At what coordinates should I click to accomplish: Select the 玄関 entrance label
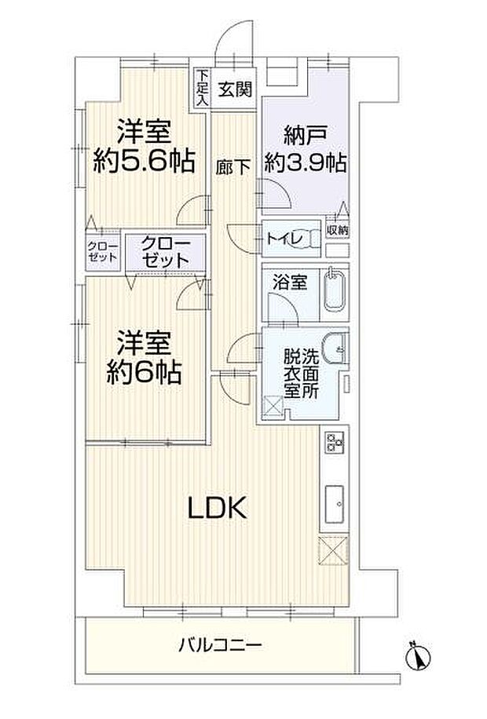point(234,89)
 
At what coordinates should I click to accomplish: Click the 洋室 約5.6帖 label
point(145,148)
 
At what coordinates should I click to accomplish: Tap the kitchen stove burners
point(331,444)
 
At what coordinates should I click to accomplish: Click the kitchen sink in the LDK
point(332,501)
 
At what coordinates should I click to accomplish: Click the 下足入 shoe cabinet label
point(201,88)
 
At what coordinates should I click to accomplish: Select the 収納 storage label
point(337,230)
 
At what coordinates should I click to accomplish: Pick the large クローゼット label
point(166,252)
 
